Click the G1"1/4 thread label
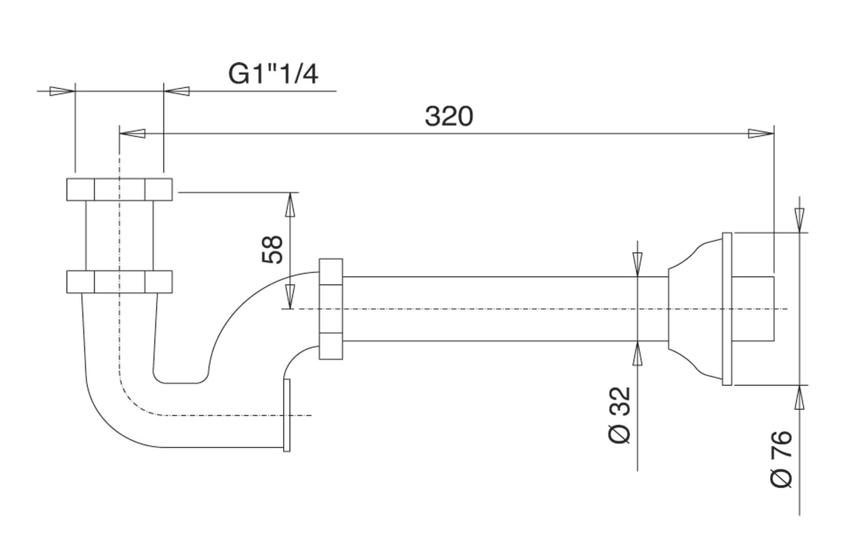click(273, 74)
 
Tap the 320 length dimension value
click(449, 116)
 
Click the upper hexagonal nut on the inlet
click(119, 189)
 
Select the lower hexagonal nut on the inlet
click(119, 281)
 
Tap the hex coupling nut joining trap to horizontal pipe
click(331, 309)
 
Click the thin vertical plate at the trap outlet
click(287, 415)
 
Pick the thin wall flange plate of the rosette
click(727, 309)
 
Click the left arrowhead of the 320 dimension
click(132, 134)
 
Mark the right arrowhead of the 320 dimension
click(760, 134)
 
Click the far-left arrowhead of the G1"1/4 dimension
click(62, 91)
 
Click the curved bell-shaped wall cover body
click(695, 309)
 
